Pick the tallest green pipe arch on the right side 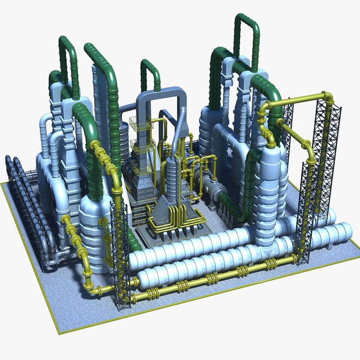pos(246,30)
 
